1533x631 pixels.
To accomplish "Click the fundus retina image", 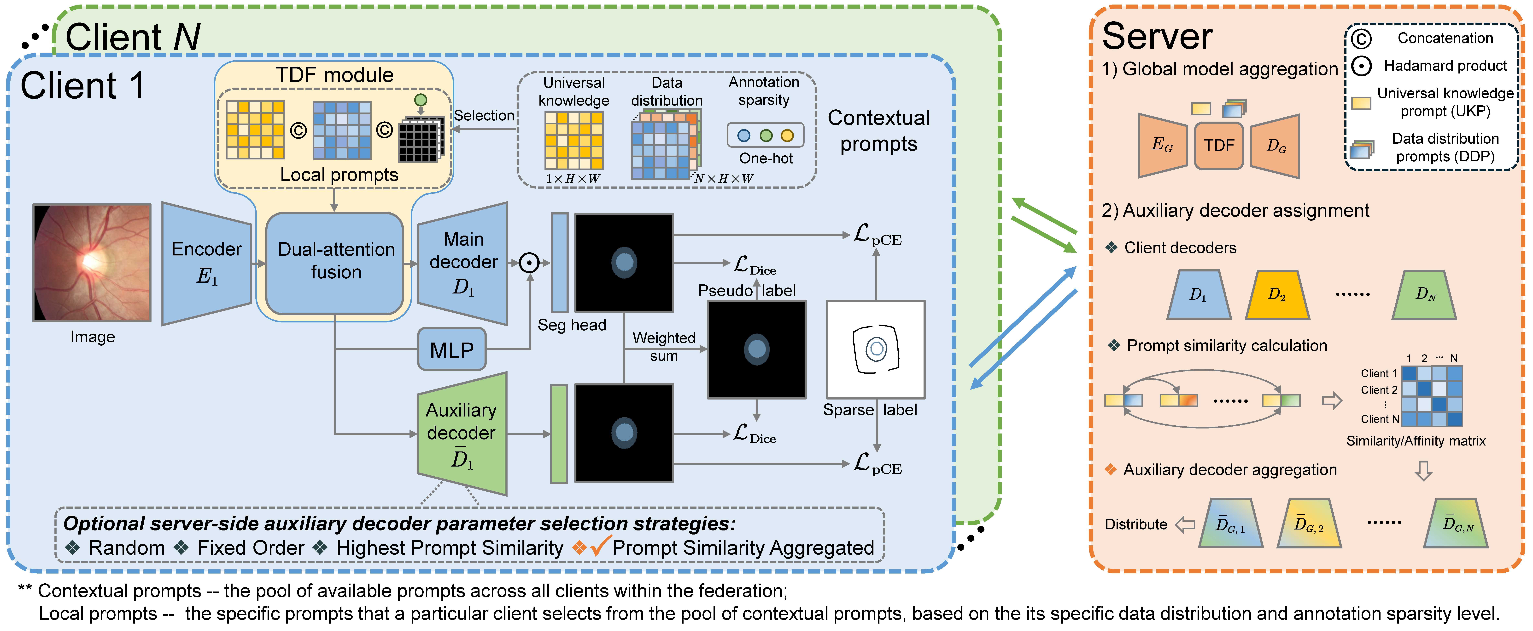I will point(92,262).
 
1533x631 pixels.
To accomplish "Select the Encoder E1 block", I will point(206,264).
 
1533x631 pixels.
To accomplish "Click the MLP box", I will point(452,350).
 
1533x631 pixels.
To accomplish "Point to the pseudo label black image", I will point(756,349).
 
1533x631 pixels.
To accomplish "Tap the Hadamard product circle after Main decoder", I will point(529,262).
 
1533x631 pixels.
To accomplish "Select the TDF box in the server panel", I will point(1219,146).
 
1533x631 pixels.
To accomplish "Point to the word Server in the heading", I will point(1157,37).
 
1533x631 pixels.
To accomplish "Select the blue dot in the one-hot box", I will point(744,136).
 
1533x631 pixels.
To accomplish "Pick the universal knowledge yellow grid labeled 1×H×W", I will point(574,141).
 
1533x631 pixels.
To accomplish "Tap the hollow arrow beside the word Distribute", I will point(1185,524).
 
